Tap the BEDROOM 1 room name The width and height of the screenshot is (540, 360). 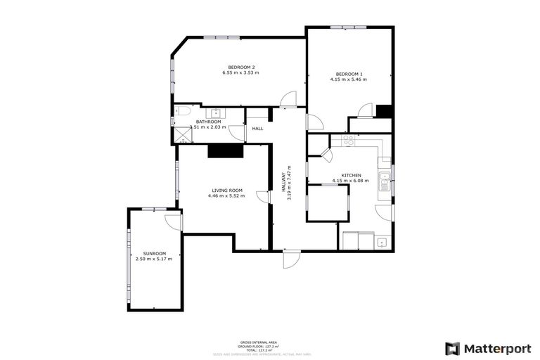[349, 74]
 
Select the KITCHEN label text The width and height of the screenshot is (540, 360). [351, 174]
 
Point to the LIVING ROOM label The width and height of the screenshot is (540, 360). [227, 190]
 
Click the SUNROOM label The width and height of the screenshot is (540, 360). [154, 253]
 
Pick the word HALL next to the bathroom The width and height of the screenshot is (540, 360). [257, 128]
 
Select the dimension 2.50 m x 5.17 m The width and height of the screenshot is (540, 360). [154, 259]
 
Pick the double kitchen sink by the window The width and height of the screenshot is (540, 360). [385, 181]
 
